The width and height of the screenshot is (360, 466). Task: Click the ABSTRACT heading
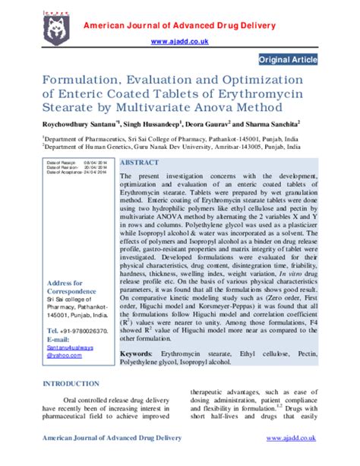[x=140, y=163]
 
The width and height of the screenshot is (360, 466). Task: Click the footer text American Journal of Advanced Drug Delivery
[x=112, y=439]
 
